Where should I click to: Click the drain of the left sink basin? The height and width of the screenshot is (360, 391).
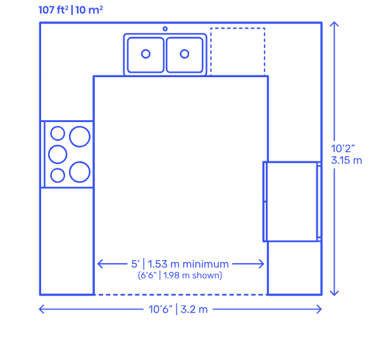point(146,54)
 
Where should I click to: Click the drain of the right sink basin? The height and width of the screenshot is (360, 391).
point(185,54)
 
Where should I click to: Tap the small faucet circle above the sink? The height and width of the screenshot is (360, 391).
point(165,29)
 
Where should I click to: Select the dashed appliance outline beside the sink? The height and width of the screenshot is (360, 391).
point(238,28)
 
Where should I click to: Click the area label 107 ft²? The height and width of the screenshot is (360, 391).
point(53,10)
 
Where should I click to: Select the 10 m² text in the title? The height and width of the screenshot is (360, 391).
point(89,10)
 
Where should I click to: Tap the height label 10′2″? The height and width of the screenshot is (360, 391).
point(343,149)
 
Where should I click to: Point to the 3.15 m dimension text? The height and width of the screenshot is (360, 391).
point(346,160)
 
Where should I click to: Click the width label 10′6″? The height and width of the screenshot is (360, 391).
point(160,309)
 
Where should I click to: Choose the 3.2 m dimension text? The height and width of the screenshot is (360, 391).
point(194,309)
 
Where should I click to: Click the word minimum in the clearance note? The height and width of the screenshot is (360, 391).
point(206,264)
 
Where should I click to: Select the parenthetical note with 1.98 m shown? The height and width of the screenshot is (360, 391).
point(180,275)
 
